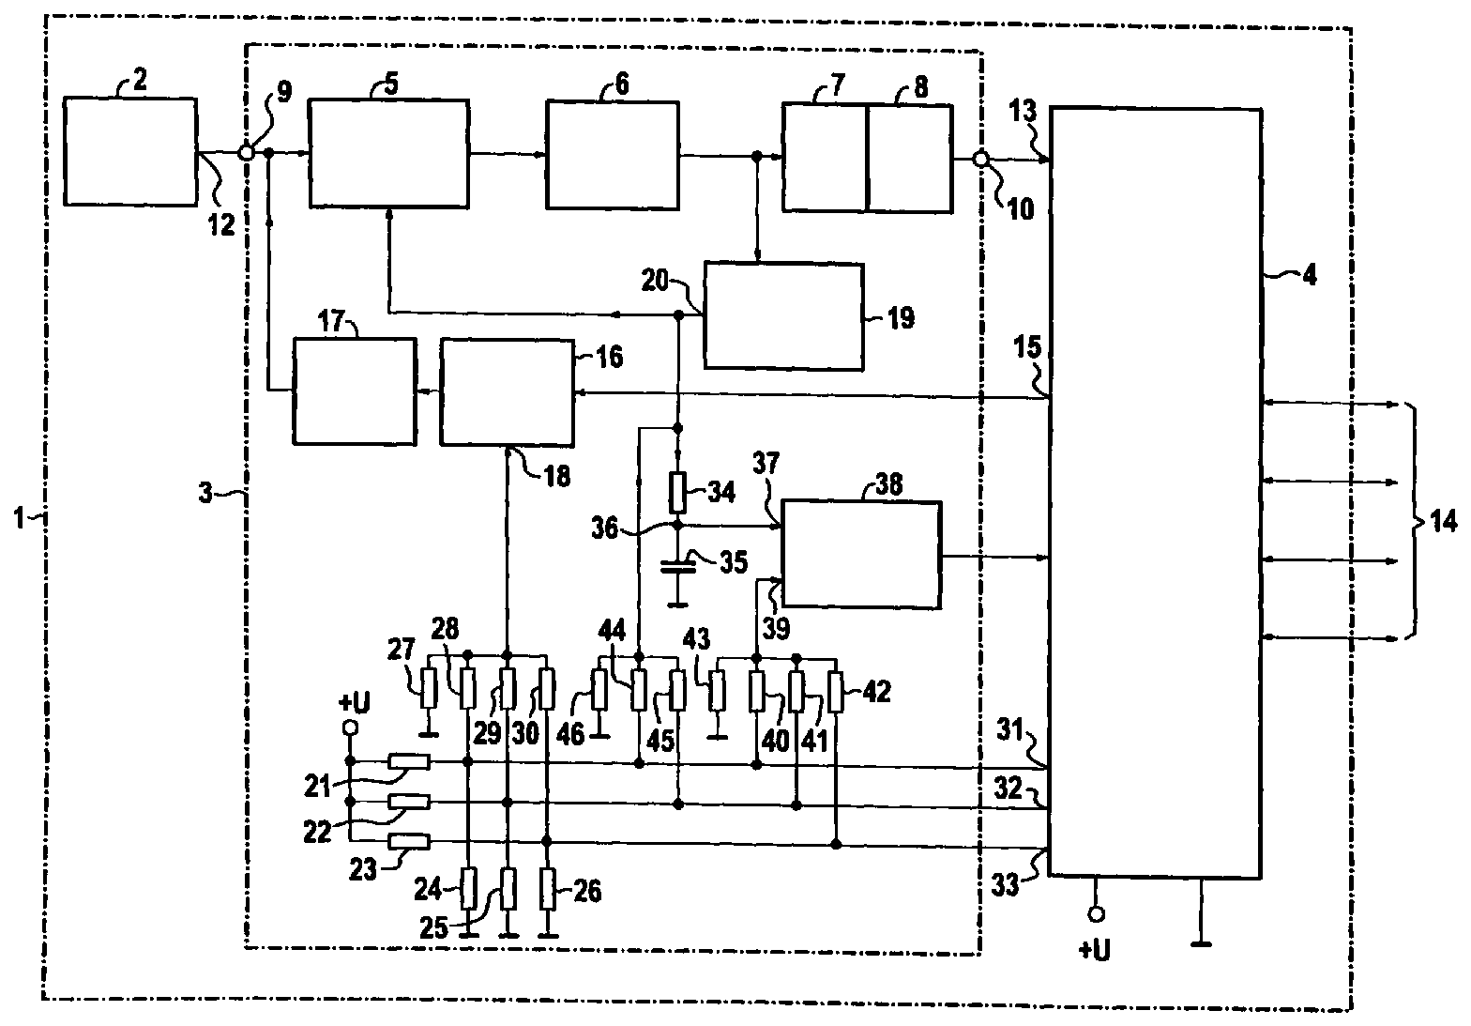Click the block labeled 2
point(130,152)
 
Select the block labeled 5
point(388,154)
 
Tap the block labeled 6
point(612,156)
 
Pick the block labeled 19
point(783,316)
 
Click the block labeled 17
point(355,391)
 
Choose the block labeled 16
point(507,393)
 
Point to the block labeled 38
point(861,556)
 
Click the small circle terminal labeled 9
point(246,152)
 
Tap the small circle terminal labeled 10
point(980,159)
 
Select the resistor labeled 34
point(677,493)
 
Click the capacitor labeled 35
point(677,567)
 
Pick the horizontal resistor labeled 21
point(409,762)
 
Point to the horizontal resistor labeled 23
point(409,841)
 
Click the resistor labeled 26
point(548,889)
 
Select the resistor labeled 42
point(835,692)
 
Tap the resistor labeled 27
point(429,688)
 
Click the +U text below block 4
point(1094,950)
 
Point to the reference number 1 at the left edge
point(19,518)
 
